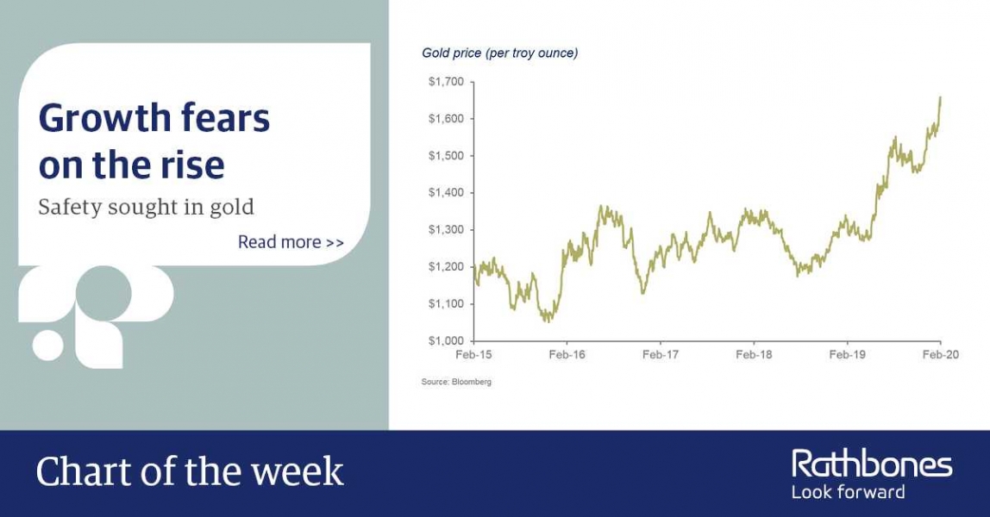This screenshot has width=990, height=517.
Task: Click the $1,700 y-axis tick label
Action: tap(446, 81)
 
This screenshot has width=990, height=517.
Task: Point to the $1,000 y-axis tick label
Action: tap(446, 341)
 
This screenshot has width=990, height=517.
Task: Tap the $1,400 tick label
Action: tap(446, 193)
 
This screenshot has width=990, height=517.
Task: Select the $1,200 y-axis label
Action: tap(446, 267)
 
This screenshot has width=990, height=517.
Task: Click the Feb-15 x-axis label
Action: tap(473, 355)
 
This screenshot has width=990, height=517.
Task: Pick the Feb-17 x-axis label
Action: tap(661, 355)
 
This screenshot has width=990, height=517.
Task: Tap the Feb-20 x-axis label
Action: tap(940, 355)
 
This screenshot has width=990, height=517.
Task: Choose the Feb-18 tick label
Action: tap(754, 355)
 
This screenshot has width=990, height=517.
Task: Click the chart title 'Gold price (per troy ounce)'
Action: tap(499, 53)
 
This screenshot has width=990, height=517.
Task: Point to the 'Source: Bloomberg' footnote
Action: tap(456, 382)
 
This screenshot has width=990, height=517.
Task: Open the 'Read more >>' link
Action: tap(291, 242)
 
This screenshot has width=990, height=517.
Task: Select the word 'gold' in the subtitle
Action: tap(232, 208)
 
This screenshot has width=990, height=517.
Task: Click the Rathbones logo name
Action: tap(872, 464)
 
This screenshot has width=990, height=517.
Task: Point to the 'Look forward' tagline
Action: tap(848, 492)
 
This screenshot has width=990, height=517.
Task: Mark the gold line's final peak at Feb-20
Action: tap(940, 97)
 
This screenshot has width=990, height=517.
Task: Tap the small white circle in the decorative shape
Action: tap(48, 345)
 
